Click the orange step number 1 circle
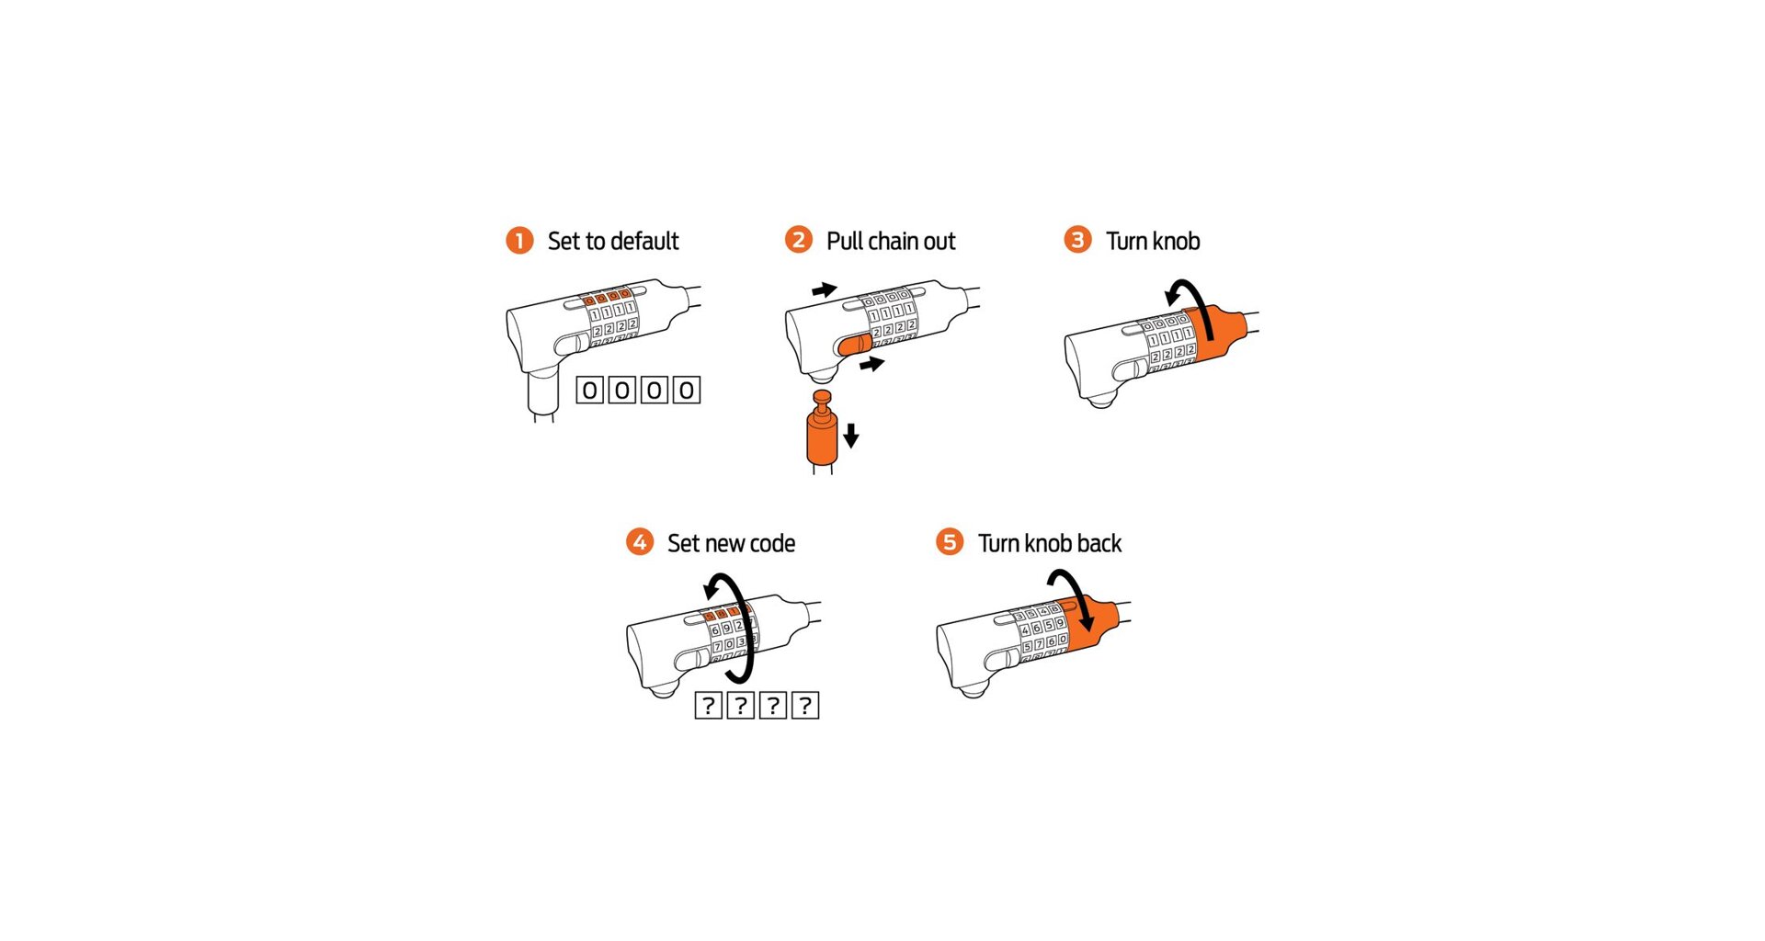(519, 241)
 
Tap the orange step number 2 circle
(798, 240)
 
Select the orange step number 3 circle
(1077, 240)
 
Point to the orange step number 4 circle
(640, 542)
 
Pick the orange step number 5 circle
(950, 542)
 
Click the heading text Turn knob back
(1050, 543)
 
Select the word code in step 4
(771, 544)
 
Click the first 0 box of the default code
(590, 391)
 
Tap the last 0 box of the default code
(687, 391)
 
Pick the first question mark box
(708, 706)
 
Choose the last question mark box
(805, 706)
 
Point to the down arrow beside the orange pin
(851, 435)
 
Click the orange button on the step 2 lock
(854, 345)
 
